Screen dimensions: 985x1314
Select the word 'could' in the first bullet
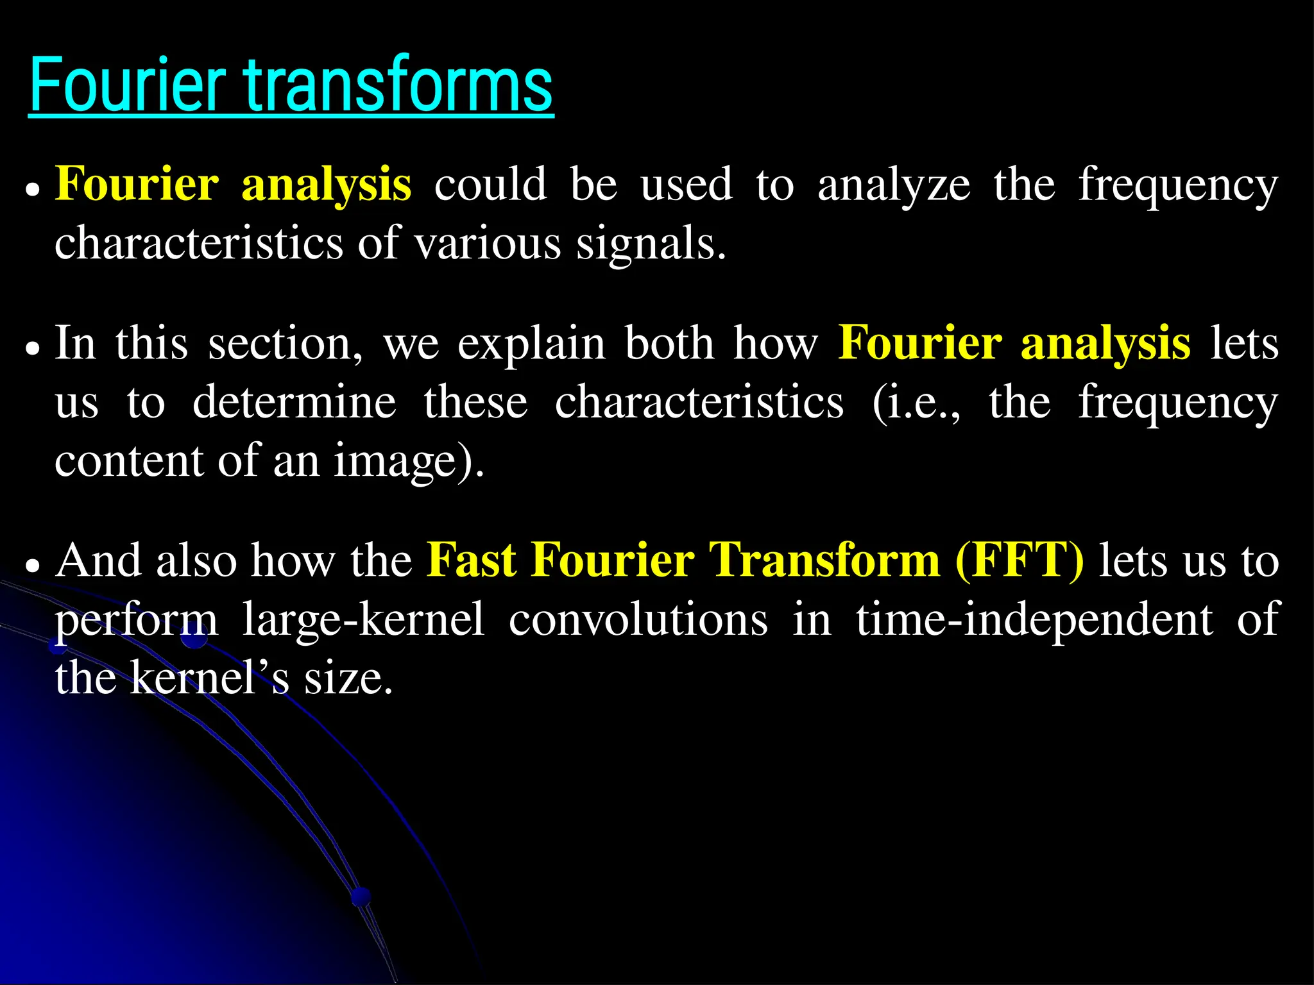(491, 185)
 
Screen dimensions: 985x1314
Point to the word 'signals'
(651, 244)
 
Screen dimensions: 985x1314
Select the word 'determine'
(294, 402)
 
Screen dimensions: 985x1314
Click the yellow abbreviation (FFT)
(1020, 560)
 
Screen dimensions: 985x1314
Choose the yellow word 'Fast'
(472, 560)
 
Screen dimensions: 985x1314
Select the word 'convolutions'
(638, 619)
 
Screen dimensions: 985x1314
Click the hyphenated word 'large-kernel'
(363, 619)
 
